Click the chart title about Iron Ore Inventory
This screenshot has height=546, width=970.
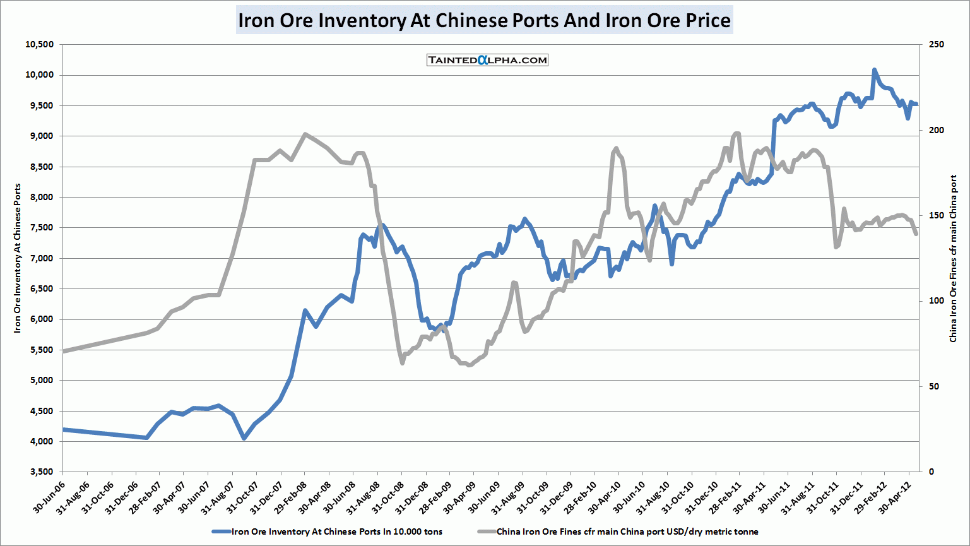(484, 20)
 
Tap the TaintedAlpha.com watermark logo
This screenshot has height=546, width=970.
(487, 60)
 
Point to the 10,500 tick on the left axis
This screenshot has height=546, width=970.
(40, 45)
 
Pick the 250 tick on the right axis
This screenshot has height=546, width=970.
(937, 45)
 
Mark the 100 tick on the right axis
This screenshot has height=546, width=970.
(937, 301)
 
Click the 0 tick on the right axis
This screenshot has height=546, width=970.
(932, 472)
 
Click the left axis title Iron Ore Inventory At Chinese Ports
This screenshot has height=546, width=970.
(18, 258)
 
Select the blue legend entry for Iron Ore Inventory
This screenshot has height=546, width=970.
(328, 531)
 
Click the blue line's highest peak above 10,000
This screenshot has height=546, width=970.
(874, 70)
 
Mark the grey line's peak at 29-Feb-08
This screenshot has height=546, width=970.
(305, 134)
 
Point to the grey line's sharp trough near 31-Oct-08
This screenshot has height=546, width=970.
(402, 362)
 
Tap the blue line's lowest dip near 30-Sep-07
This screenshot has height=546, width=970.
(244, 437)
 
